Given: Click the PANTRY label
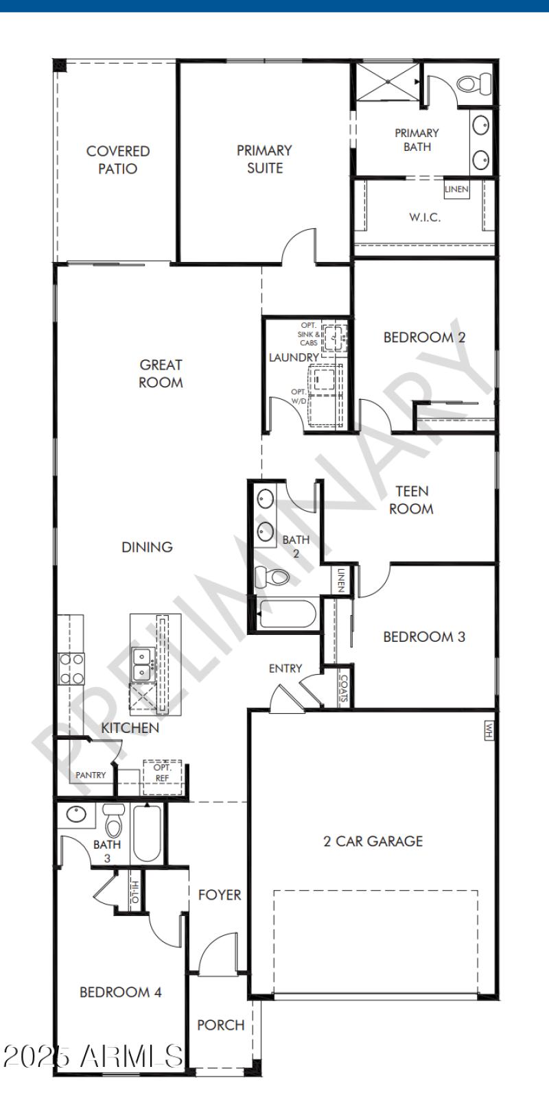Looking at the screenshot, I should click(x=91, y=776).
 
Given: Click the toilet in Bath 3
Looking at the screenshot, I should click(x=113, y=824).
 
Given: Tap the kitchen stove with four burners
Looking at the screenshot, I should click(x=71, y=669).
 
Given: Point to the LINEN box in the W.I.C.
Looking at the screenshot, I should click(x=456, y=189).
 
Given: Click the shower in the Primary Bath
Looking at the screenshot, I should click(x=388, y=82).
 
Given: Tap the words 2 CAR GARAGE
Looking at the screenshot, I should click(x=373, y=841).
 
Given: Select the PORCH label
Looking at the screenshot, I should click(x=220, y=1025).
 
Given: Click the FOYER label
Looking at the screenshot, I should click(x=220, y=895).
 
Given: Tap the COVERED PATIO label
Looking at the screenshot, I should click(x=117, y=160).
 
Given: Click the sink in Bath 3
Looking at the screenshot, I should click(x=75, y=815).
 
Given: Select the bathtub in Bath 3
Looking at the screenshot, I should click(x=147, y=832).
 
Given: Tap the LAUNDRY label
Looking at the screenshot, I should click(x=293, y=357).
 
